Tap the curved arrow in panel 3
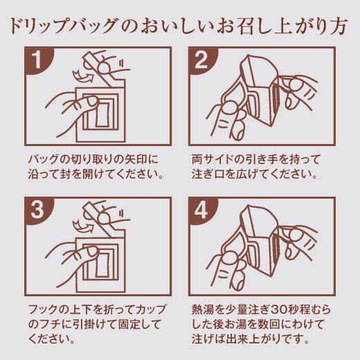pos(82,226)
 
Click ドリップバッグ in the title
pos(63,26)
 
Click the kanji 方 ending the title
pos(339,26)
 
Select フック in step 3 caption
pos(43,309)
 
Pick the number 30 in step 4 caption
pos(280,309)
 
